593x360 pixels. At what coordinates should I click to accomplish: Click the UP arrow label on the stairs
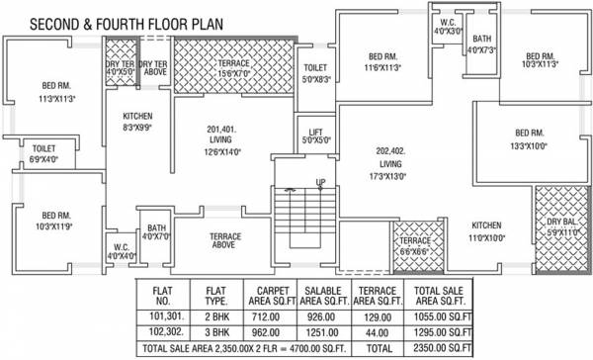(320, 183)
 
